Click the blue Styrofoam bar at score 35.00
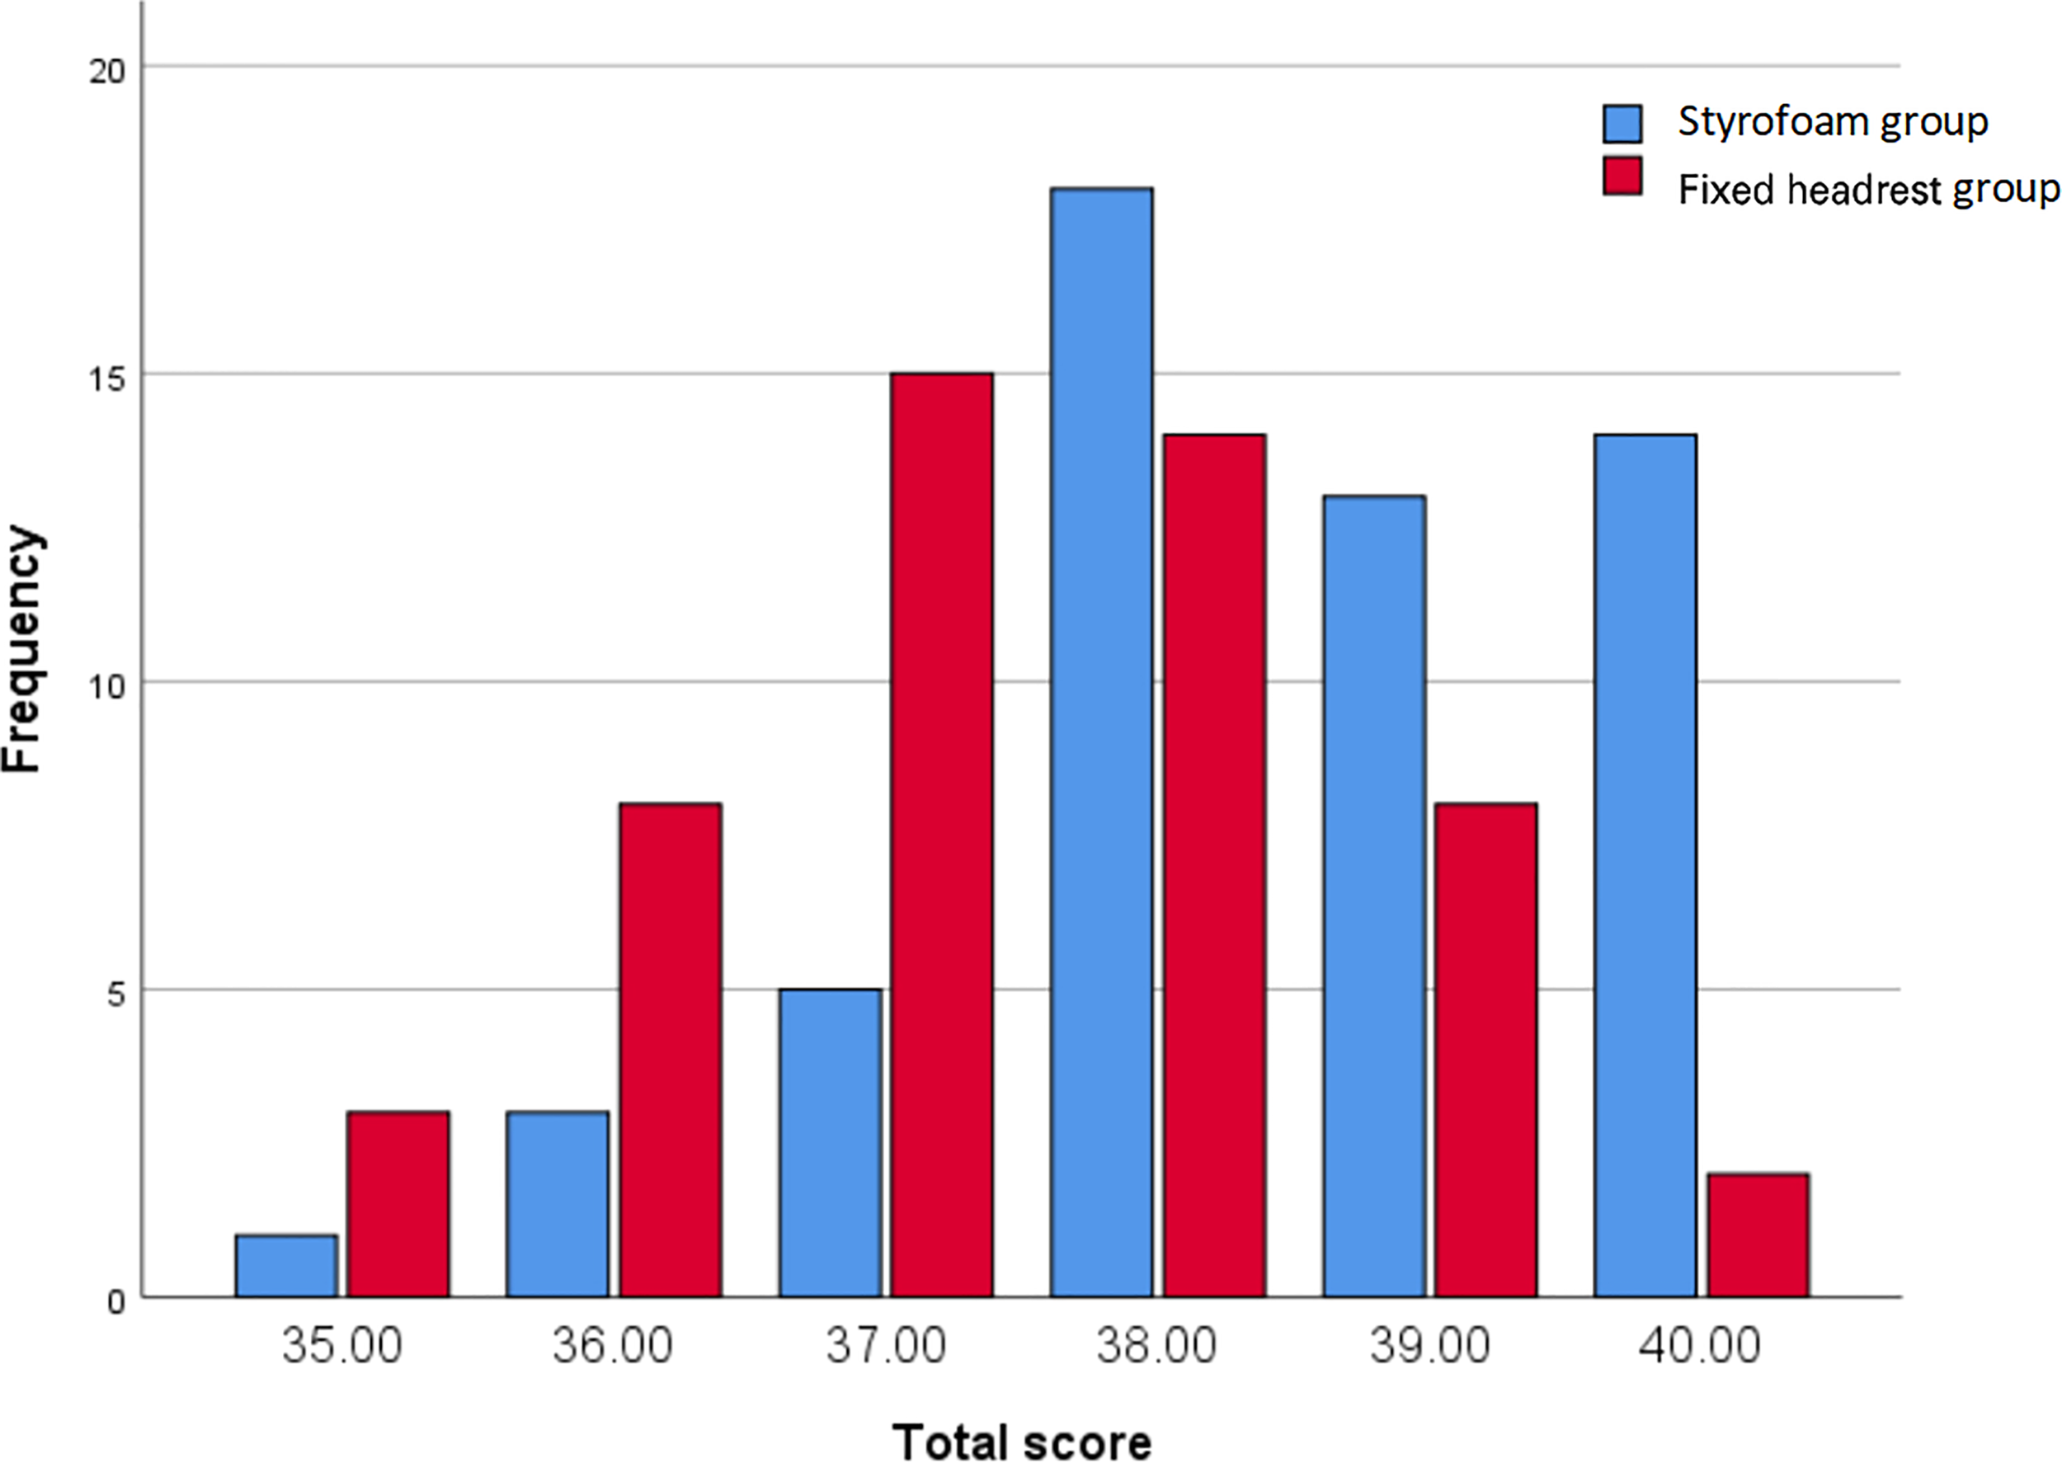tap(286, 1266)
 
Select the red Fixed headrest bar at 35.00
tap(398, 1204)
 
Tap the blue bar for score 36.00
tap(558, 1204)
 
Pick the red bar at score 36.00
tap(671, 1050)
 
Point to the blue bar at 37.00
tap(830, 1142)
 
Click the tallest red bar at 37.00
tap(942, 835)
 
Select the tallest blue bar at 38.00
tap(1101, 742)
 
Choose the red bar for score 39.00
tap(1485, 1050)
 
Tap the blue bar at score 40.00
tap(1645, 865)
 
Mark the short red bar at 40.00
tap(1758, 1235)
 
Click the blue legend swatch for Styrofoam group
tap(1622, 124)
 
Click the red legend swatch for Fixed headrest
tap(1622, 176)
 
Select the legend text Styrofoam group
tap(1832, 121)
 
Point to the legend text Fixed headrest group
tap(1868, 190)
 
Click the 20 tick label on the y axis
tap(107, 70)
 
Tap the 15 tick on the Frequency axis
tap(107, 379)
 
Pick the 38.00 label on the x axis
tap(1156, 1346)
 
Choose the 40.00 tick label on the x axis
tap(1700, 1346)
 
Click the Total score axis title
tap(1023, 1440)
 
